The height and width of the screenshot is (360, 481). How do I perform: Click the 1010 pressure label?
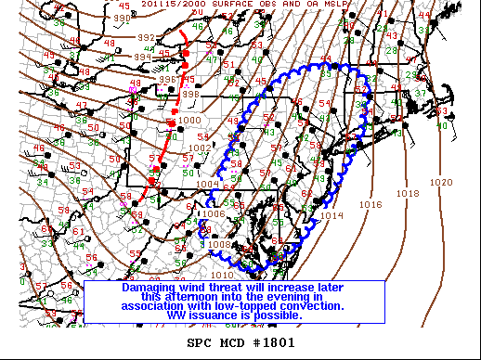pos(223,275)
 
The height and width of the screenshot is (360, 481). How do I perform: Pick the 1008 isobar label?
pos(219,244)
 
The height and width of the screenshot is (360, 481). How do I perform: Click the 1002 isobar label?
pos(200,148)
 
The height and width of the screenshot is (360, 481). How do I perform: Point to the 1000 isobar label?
pos(189,121)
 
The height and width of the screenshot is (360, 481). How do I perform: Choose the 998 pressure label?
pos(190,94)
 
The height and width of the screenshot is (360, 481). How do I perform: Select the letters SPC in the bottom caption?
pos(200,342)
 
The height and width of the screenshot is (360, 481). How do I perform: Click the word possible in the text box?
pos(276,315)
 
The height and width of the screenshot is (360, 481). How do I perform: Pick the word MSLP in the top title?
pos(344,5)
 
